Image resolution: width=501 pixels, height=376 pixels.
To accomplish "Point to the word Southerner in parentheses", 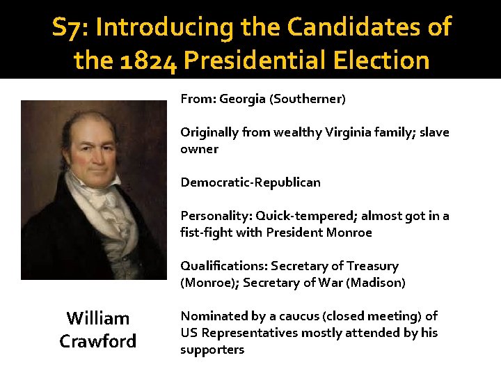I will (x=309, y=99).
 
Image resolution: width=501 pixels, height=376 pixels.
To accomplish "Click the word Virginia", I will (x=350, y=132).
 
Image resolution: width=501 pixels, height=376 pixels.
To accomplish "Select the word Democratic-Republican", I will (x=250, y=182).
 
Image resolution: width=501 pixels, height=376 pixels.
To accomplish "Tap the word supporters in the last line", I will (x=212, y=350).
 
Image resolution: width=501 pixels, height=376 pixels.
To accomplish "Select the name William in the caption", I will (x=98, y=318).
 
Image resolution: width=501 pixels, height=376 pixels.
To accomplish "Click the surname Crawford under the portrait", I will (x=98, y=341).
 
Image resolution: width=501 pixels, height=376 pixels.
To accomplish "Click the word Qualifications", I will (x=223, y=266).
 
